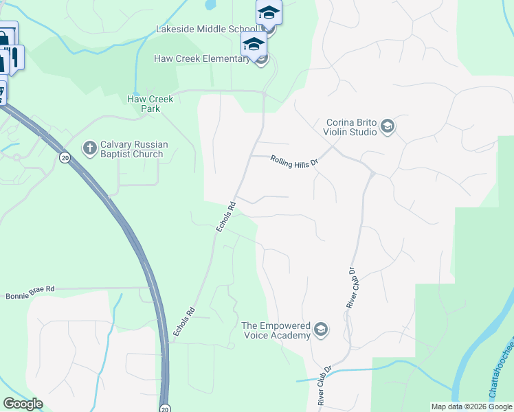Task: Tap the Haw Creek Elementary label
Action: pos(201,59)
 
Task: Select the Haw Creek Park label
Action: pos(150,104)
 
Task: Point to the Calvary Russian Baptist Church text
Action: pos(132,149)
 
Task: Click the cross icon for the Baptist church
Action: pos(89,148)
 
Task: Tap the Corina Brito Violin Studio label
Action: pos(351,127)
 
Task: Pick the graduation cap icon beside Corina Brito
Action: pos(387,126)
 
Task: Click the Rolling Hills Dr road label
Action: pos(295,161)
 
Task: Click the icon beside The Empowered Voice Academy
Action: pos(320,331)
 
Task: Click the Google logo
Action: pos(23,404)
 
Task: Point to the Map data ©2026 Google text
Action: pos(472,407)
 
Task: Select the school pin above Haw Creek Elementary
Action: pos(254,44)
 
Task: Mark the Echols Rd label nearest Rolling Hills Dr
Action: pos(226,216)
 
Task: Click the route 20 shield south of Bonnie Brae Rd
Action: pos(165,408)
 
